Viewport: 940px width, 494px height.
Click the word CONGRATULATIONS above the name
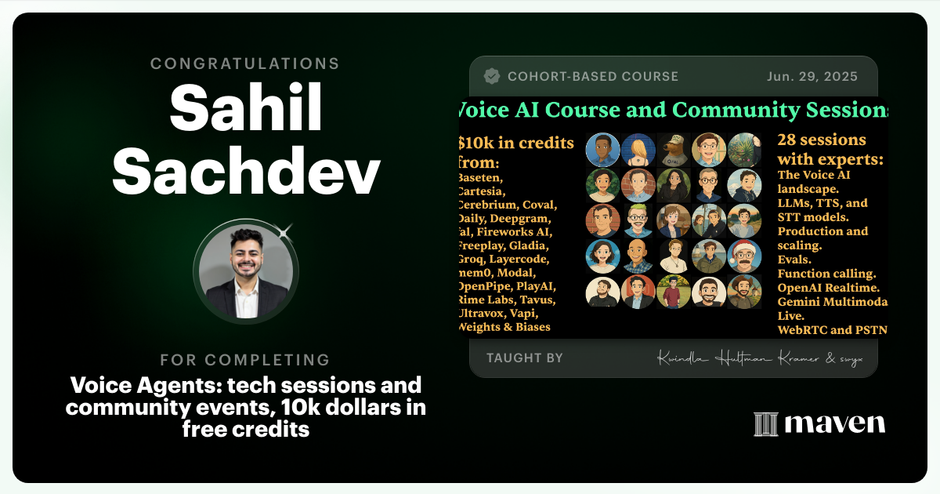pyautogui.click(x=245, y=64)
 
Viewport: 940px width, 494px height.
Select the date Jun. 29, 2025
pyautogui.click(x=812, y=77)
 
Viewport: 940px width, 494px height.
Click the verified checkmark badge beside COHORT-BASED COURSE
pyautogui.click(x=492, y=77)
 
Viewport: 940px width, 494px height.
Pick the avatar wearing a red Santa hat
pyautogui.click(x=743, y=256)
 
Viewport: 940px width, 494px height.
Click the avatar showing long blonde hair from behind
pyautogui.click(x=638, y=150)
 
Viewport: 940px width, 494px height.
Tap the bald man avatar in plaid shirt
pyautogui.click(x=638, y=256)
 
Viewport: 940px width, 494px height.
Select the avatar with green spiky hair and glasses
pyautogui.click(x=638, y=220)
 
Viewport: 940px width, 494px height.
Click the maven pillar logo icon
pyautogui.click(x=765, y=424)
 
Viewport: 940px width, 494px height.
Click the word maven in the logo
pyautogui.click(x=835, y=424)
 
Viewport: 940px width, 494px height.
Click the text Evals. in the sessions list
pyautogui.click(x=794, y=260)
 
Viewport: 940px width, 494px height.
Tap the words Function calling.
pyautogui.click(x=826, y=274)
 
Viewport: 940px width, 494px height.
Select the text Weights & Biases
pyautogui.click(x=504, y=327)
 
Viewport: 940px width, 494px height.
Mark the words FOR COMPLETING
pyautogui.click(x=245, y=361)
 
